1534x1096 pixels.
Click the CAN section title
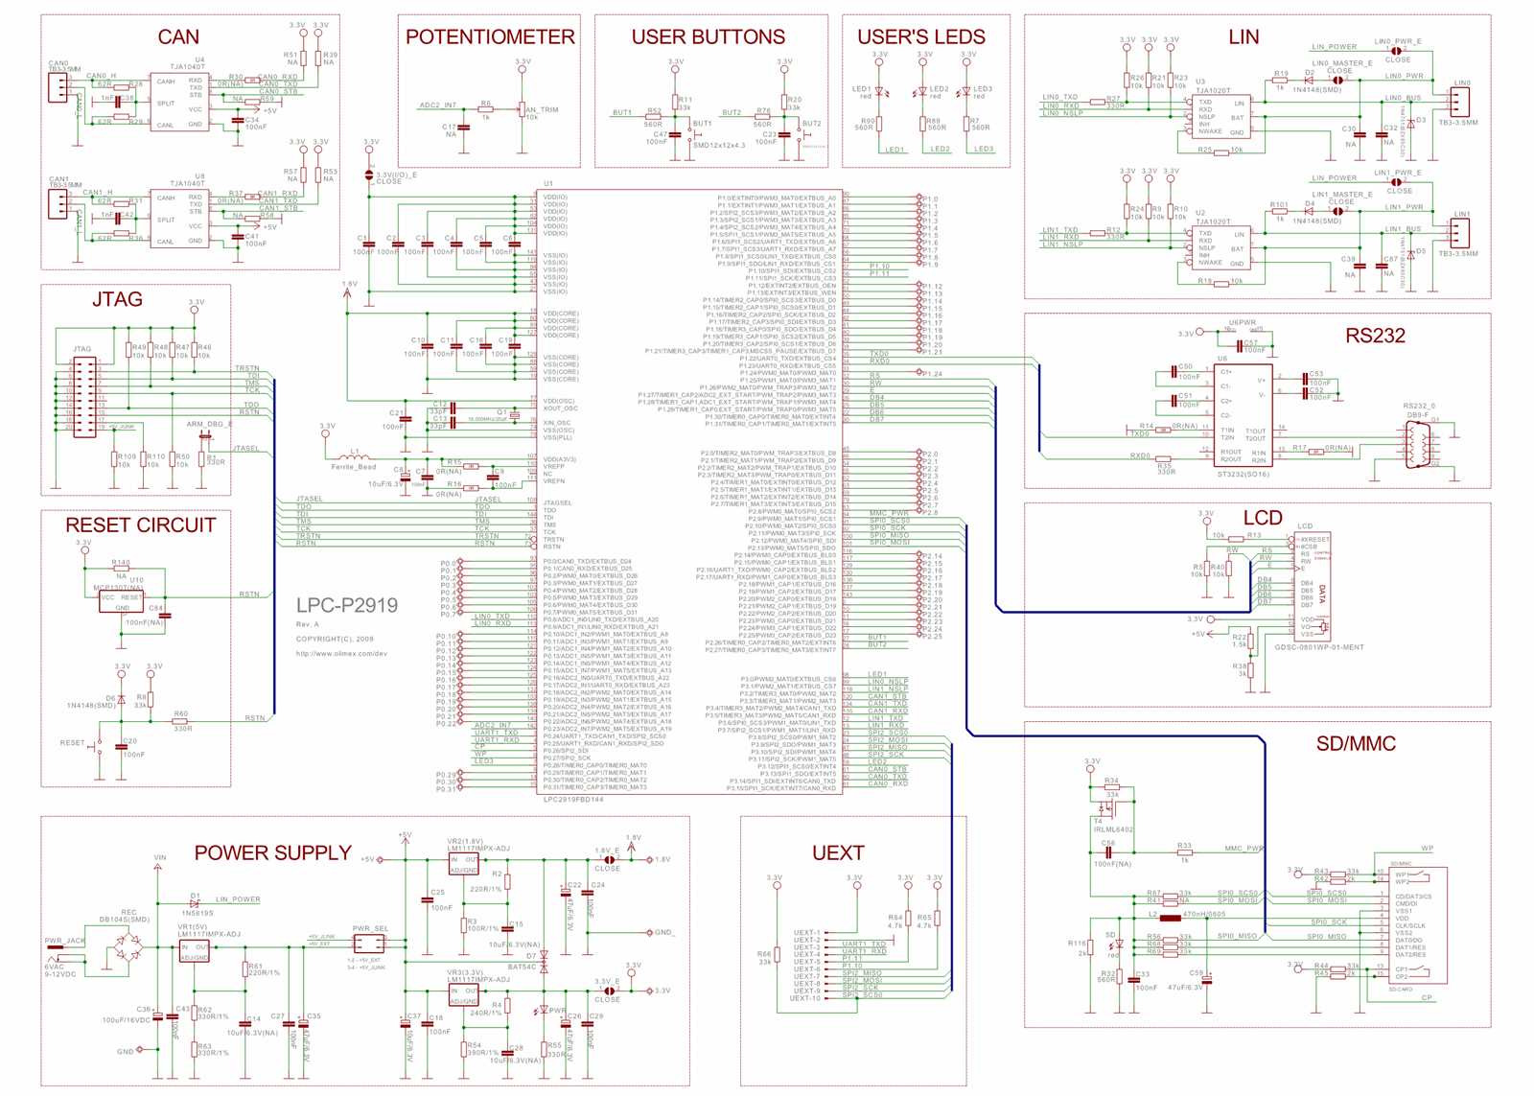178,37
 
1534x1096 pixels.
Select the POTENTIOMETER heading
490,37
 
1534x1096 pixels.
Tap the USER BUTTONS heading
708,37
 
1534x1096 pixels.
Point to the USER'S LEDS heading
920,37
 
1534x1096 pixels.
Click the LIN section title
1243,37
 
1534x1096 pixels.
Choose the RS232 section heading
1375,336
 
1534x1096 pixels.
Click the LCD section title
1263,519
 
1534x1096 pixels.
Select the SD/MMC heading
1356,744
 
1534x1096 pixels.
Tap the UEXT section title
838,853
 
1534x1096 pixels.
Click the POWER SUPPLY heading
272,853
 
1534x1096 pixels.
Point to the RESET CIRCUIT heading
141,525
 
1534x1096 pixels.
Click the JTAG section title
117,300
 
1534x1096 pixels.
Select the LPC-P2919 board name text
346,605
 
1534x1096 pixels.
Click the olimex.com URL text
341,654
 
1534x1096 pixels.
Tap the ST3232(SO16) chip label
1243,474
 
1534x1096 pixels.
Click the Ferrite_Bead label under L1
354,467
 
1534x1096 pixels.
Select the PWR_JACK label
64,941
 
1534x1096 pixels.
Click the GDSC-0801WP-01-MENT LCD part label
1318,647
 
